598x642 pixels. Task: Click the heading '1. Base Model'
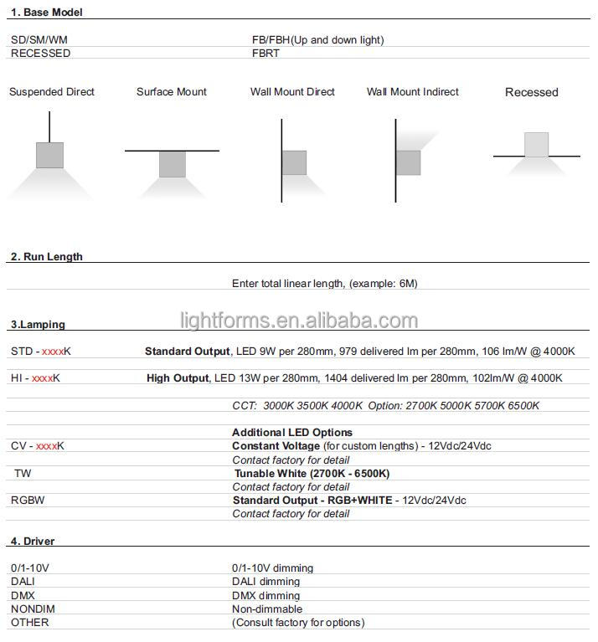coord(46,13)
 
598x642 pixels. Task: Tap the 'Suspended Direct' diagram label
coord(52,92)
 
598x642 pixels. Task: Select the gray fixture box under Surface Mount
coord(172,164)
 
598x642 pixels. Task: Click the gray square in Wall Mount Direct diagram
coord(294,162)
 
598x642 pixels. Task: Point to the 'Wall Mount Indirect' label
coord(413,92)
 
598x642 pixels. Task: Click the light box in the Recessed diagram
coord(537,144)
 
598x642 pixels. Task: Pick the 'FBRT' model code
coord(265,53)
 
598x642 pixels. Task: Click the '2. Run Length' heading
coord(46,256)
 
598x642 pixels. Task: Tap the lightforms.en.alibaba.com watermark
coord(299,321)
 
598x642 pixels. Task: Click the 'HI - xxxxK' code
coord(35,378)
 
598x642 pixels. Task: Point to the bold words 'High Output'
coord(178,378)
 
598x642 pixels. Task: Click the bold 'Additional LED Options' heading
coord(292,433)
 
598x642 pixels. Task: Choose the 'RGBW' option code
coord(28,500)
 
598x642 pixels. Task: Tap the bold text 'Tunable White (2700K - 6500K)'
coord(312,474)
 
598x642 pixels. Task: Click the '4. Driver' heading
coord(33,541)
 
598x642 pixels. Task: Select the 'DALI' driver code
coord(23,582)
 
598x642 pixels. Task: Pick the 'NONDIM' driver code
coord(30,609)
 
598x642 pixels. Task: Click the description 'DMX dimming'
coord(265,595)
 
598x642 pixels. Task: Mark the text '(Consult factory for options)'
coord(298,622)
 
